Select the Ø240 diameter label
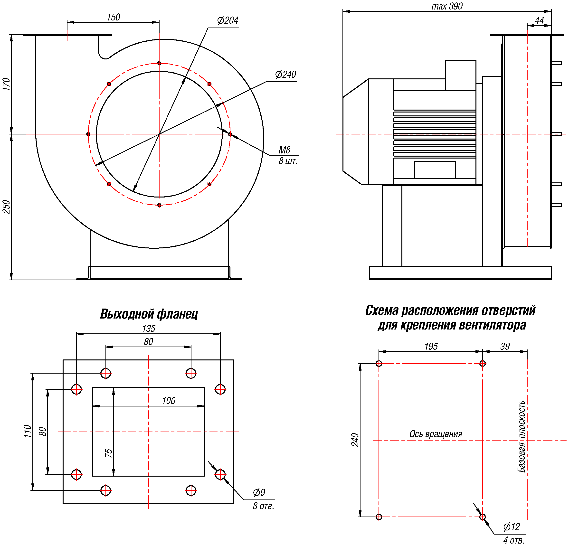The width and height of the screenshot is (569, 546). (x=285, y=75)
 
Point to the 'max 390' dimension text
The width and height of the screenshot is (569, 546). (x=447, y=6)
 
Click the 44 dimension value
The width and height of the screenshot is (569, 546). (x=539, y=21)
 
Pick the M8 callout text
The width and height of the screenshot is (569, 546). (x=284, y=150)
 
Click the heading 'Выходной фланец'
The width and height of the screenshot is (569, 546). (x=149, y=314)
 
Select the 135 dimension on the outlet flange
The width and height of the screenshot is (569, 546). (x=149, y=329)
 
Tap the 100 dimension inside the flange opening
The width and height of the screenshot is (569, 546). (x=169, y=401)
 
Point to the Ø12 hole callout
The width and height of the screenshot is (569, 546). (x=512, y=527)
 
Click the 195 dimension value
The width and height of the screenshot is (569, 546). (x=431, y=347)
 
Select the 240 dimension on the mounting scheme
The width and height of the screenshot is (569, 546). (x=355, y=440)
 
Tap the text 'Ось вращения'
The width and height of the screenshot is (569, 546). (x=436, y=434)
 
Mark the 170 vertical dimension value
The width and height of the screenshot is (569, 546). (x=6, y=84)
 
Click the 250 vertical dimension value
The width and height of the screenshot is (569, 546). (x=6, y=207)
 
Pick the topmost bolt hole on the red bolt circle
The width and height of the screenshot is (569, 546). (x=159, y=63)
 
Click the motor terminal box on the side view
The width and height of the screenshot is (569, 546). (x=460, y=75)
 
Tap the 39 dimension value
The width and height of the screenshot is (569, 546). (x=505, y=347)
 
